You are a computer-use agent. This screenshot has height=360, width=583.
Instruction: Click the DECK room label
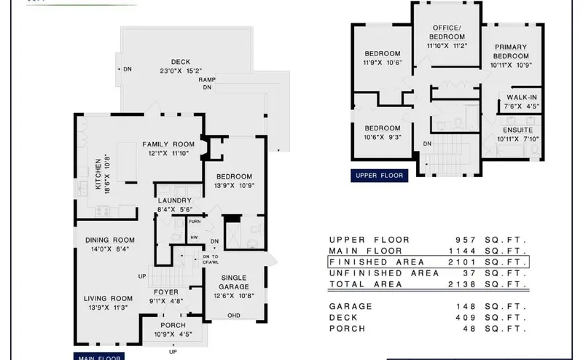click(x=181, y=62)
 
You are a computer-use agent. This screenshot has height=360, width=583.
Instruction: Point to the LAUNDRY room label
click(x=174, y=200)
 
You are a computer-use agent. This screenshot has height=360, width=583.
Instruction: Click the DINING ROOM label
click(x=109, y=240)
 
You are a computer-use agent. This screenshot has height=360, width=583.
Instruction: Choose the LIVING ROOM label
click(x=109, y=298)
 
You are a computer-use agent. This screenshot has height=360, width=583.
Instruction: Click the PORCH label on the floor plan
click(x=173, y=325)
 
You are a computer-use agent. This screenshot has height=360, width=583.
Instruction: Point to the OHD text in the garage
click(x=234, y=316)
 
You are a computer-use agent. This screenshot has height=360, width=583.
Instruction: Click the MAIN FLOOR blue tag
click(x=99, y=357)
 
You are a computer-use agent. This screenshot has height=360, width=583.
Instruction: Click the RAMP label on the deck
click(x=207, y=79)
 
